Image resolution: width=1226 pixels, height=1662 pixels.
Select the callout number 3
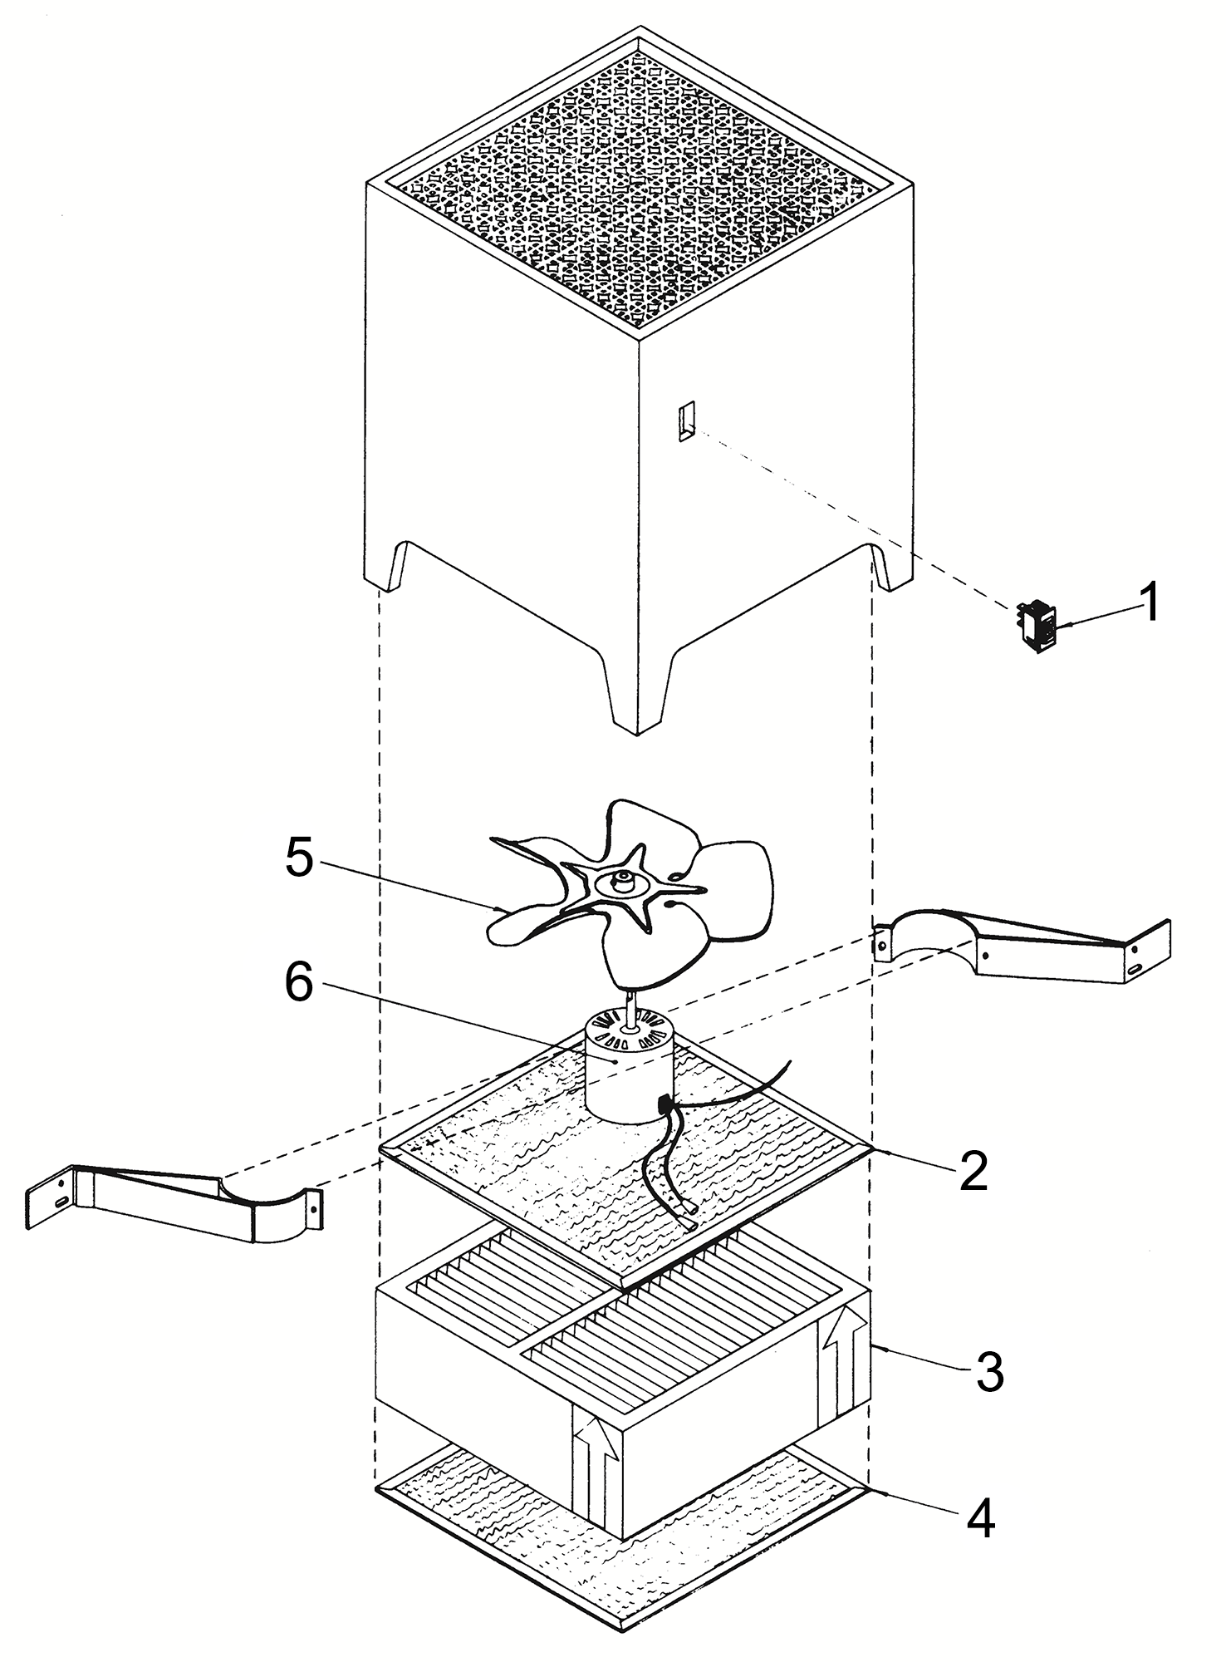(989, 1375)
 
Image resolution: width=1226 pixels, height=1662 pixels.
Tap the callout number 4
(980, 1517)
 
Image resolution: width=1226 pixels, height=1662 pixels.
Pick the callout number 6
(299, 986)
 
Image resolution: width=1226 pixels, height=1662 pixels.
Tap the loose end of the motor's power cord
(689, 1226)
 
